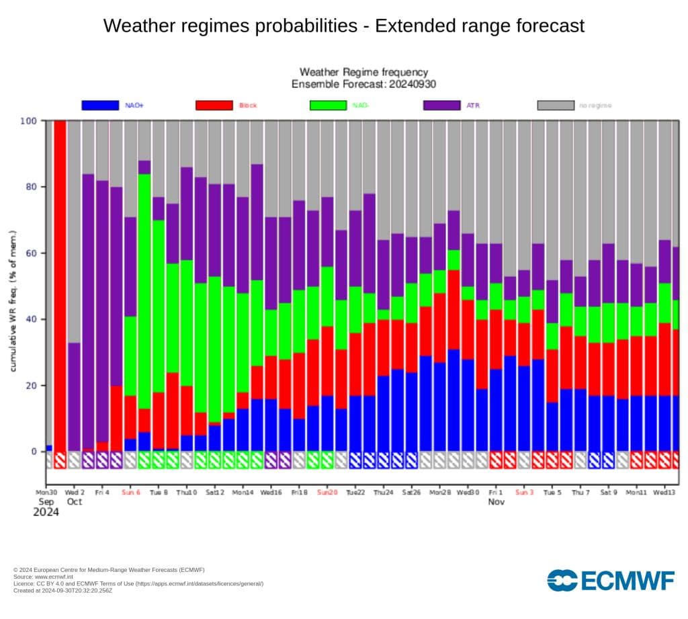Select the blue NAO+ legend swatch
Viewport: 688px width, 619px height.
[100, 106]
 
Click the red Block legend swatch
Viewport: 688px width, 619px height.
[214, 106]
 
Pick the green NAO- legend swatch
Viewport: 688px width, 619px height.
[328, 106]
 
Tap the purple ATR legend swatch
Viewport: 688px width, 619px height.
[441, 106]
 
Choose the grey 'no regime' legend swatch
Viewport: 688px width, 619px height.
[556, 106]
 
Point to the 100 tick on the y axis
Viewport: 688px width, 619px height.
[30, 121]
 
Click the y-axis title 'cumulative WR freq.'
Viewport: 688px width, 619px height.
[13, 300]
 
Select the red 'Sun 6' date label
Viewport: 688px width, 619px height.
[130, 492]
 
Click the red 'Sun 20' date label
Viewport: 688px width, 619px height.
[327, 492]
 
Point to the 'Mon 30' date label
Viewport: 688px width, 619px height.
[47, 492]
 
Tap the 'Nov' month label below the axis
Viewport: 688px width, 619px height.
[496, 502]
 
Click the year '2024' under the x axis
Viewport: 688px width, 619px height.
[46, 513]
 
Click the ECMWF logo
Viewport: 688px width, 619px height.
[610, 580]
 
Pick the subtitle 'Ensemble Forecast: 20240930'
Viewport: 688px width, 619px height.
[363, 84]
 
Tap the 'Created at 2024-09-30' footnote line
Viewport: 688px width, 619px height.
[62, 590]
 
